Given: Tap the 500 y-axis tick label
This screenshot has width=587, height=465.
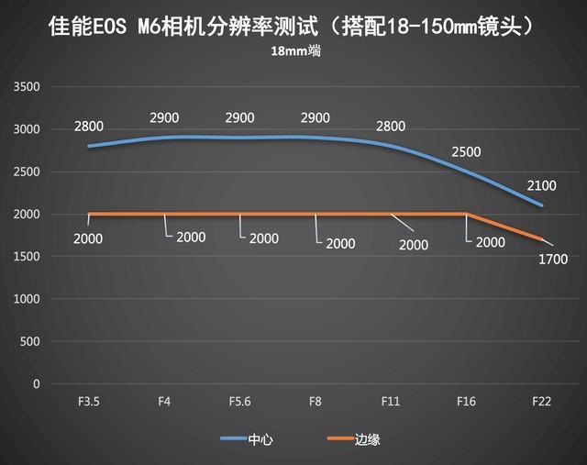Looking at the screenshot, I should coord(30,341).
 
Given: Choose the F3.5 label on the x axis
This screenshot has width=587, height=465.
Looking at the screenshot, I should coord(89,401).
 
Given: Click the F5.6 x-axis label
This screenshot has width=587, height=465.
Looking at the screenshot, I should coord(239,401).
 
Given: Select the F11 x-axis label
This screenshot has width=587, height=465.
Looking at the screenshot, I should coord(391,401).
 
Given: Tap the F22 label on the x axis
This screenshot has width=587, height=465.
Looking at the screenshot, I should coord(542,401).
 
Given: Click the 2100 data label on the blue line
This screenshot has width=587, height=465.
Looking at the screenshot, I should coord(542,186).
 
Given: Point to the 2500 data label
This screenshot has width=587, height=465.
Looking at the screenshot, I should coord(466,151).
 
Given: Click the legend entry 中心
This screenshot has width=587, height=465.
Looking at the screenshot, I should coord(260,439).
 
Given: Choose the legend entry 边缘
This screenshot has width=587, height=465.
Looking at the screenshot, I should coord(366,439).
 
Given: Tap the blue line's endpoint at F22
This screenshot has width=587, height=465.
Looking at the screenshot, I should coord(542,205).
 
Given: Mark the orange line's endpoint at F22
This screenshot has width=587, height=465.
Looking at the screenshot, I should coord(542,239).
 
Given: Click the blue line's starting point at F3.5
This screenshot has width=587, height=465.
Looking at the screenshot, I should coord(89,146).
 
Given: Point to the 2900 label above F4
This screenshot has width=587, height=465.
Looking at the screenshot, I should coord(164,118).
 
